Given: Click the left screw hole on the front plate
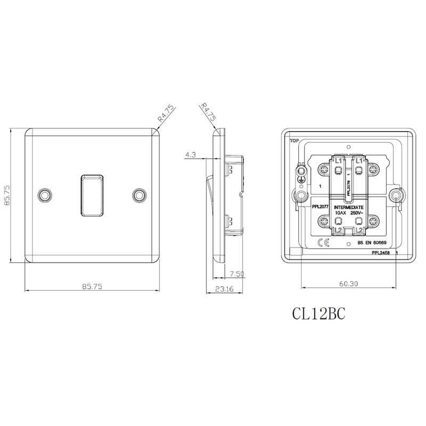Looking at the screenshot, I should click(45, 195).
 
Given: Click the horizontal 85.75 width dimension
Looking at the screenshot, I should click(92, 286).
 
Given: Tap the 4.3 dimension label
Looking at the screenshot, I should click(191, 155).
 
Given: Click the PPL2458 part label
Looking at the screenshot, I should click(380, 255).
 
